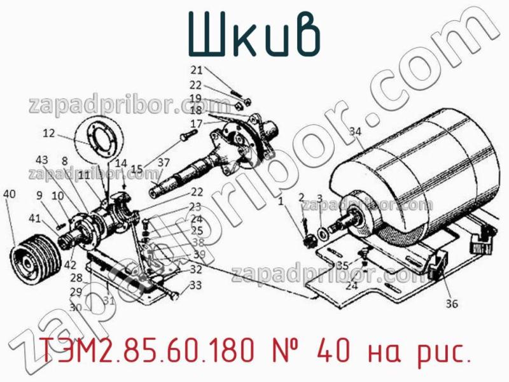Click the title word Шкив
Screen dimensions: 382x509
pos(253,36)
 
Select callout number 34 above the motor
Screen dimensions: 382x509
pos(354,132)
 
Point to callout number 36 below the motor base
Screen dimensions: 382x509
pos(450,304)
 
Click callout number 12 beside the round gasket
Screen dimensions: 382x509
pos(50,134)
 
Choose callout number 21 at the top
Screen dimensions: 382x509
pos(197,70)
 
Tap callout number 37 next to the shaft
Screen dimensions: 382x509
pos(164,163)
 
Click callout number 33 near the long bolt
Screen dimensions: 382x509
pos(195,285)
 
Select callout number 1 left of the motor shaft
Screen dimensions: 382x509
pos(281,202)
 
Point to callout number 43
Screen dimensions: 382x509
pos(42,159)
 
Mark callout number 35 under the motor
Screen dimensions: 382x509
pos(342,265)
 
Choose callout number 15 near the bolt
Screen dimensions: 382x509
pos(137,169)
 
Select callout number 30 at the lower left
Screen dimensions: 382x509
pos(76,307)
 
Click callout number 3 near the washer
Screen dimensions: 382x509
pos(319,198)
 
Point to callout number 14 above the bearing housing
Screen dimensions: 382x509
pos(121,163)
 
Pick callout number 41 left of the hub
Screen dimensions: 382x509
pos(33,218)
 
